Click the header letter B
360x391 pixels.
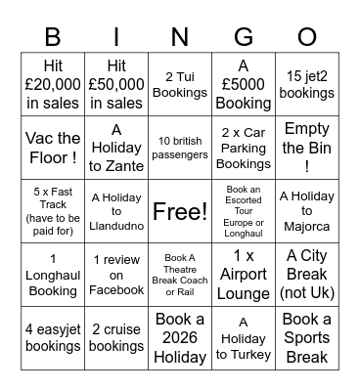coord(53,36)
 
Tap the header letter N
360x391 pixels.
coord(180,36)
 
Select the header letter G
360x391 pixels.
coord(244,36)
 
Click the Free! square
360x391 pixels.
coord(180,211)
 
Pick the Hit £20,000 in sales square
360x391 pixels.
coord(53,83)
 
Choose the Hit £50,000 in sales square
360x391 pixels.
coord(116,83)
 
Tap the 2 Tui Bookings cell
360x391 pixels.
coord(180,83)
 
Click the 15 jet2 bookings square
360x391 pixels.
coord(307,83)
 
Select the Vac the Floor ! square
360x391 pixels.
coord(53,147)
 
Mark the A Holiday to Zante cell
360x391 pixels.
coord(116,147)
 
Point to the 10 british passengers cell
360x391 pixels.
coord(180,147)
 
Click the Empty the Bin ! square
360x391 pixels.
coord(307,147)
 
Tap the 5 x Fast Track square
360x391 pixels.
coord(53,211)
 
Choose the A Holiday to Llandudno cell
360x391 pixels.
coord(116,211)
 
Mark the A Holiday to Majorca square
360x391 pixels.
coord(307,211)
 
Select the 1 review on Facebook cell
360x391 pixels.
coord(116,275)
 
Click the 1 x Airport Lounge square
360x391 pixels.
coord(244,275)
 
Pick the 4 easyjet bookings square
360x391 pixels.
coord(53,338)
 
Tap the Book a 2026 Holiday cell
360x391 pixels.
coord(180,338)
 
